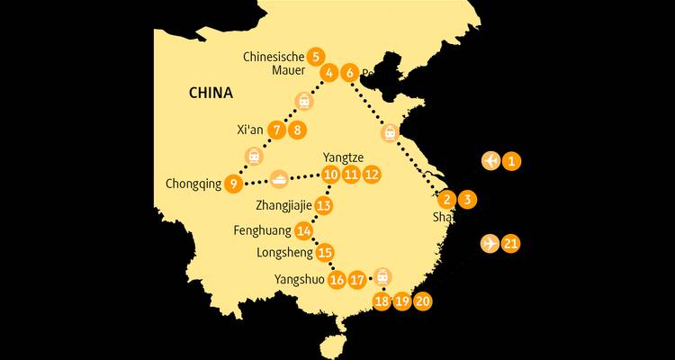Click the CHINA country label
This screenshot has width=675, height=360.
point(211,93)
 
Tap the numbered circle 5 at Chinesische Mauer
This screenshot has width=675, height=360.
point(314,56)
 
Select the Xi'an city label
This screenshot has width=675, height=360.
point(249,130)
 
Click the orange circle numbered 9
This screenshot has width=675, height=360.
point(233,184)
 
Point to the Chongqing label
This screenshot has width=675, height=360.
point(193,184)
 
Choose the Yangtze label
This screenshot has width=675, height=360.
point(338,157)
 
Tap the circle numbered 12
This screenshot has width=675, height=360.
point(371,174)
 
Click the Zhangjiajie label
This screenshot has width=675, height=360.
point(283,206)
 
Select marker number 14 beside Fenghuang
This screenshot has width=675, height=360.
point(303,230)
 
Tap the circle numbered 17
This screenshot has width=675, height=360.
point(357,280)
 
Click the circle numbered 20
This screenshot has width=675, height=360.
point(422,301)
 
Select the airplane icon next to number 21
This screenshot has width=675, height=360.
point(490,243)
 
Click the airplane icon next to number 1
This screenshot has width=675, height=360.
point(490,161)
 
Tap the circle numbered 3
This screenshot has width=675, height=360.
point(467,199)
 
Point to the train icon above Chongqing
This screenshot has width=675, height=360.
point(255,156)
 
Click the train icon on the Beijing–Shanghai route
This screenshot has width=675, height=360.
point(390,132)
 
